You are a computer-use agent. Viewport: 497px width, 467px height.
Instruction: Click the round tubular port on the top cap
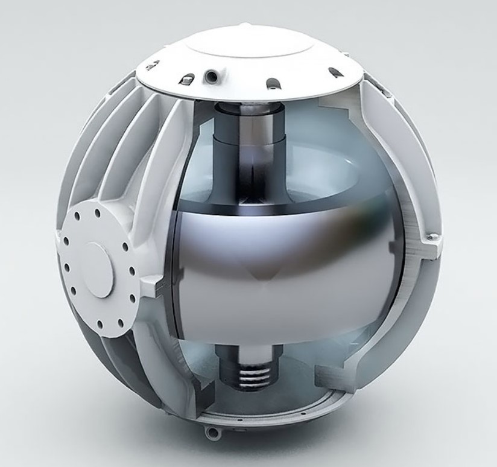tap(211, 77)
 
